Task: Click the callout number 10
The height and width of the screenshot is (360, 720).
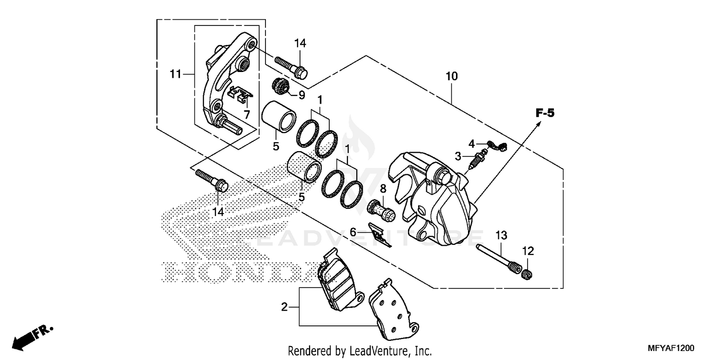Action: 452,76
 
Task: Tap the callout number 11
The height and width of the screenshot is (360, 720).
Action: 175,74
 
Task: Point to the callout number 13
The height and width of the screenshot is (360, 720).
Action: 501,235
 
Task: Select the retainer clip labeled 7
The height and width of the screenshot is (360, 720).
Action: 240,95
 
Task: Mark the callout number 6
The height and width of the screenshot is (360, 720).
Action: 353,232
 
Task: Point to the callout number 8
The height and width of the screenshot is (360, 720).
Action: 383,187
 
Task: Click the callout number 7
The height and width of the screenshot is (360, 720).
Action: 247,115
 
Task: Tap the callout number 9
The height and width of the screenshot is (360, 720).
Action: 301,95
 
